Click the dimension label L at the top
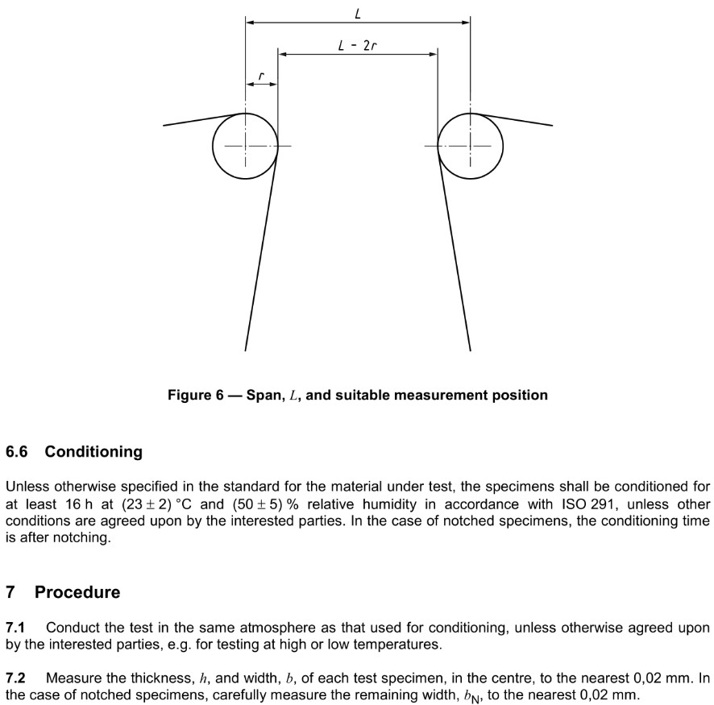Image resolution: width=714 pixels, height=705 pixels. click(x=357, y=13)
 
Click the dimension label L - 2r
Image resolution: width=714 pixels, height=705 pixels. click(x=358, y=45)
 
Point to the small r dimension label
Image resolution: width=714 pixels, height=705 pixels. click(x=261, y=76)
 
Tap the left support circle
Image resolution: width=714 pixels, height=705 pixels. click(x=246, y=146)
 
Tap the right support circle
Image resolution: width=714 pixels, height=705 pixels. click(x=471, y=146)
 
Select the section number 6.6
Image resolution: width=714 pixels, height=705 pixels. click(x=17, y=452)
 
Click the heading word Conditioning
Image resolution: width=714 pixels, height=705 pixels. click(x=93, y=452)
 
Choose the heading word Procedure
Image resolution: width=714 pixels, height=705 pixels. click(x=77, y=592)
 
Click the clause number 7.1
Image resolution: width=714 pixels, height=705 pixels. click(x=15, y=627)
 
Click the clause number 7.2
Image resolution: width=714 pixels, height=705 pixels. click(x=15, y=678)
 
